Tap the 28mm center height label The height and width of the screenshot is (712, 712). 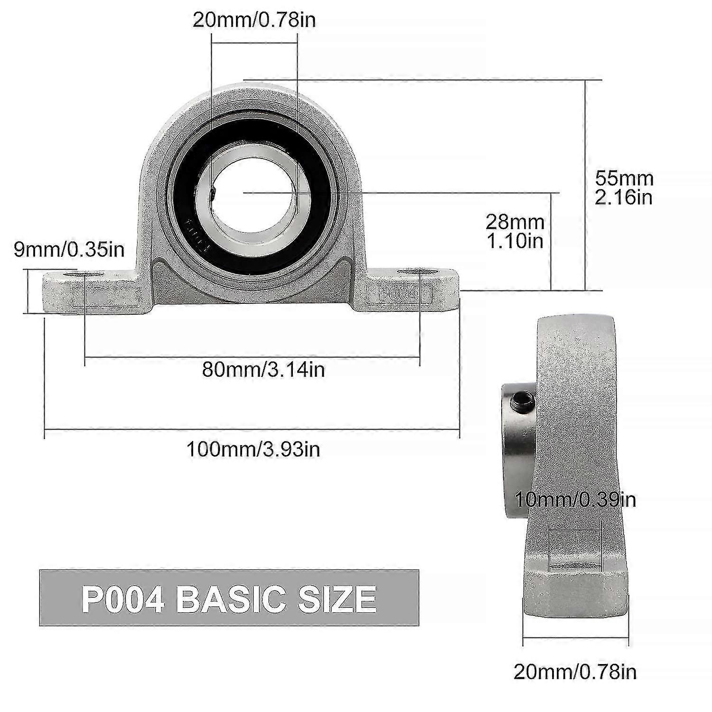[515, 231]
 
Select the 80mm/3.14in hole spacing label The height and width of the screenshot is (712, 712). [263, 369]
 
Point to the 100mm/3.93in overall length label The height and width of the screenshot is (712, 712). [253, 449]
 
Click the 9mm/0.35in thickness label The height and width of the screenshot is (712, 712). [69, 250]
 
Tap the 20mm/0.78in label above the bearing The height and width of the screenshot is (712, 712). [254, 20]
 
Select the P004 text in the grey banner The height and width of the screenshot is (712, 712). [123, 599]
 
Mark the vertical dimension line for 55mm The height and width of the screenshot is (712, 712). [585, 185]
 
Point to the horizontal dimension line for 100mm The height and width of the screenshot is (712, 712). [252, 430]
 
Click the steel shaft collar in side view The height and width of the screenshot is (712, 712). [518, 446]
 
